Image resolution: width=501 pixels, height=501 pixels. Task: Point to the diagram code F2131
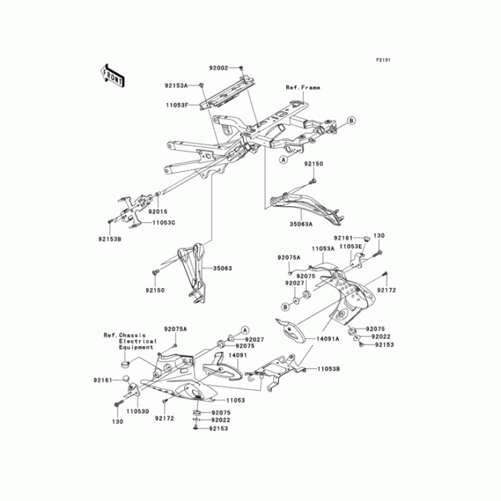[383, 59]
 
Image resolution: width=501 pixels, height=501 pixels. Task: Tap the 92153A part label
[177, 85]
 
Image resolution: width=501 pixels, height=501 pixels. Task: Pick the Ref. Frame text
[303, 88]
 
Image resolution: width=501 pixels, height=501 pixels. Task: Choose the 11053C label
[162, 223]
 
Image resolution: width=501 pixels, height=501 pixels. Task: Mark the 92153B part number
[110, 239]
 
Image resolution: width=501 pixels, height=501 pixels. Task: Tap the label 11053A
[324, 249]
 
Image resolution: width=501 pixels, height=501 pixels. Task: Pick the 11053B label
[328, 370]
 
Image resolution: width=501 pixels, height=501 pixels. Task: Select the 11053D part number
[137, 411]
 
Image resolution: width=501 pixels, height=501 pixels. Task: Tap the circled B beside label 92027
[286, 306]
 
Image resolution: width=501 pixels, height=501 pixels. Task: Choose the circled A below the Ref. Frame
[283, 160]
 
